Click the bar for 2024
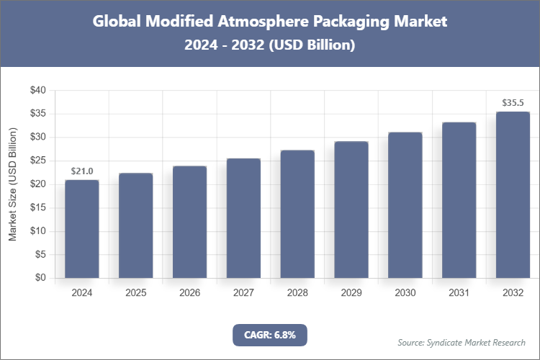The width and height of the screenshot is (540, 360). point(82,229)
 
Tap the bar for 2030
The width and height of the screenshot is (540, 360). point(405,205)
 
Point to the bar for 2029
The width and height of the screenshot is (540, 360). point(351,210)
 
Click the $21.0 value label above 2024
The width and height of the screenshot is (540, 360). point(82,171)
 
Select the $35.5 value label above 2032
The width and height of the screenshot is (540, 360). point(513,103)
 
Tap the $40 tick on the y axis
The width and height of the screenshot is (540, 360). point(37,91)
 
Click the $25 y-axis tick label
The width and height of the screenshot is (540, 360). point(37,161)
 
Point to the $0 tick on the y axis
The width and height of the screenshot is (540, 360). point(40,278)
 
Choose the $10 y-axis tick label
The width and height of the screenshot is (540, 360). point(37,231)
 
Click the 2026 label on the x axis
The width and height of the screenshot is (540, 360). point(189,293)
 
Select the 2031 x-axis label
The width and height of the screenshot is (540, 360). point(459,293)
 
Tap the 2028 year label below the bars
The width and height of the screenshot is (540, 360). point(297,293)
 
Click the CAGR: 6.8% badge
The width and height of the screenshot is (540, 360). point(270,335)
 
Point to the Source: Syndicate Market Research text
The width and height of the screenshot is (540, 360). point(461,342)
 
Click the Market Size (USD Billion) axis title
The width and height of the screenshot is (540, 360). point(12,184)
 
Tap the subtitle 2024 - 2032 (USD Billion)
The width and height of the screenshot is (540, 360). point(270,45)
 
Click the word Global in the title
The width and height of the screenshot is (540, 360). point(117,22)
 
